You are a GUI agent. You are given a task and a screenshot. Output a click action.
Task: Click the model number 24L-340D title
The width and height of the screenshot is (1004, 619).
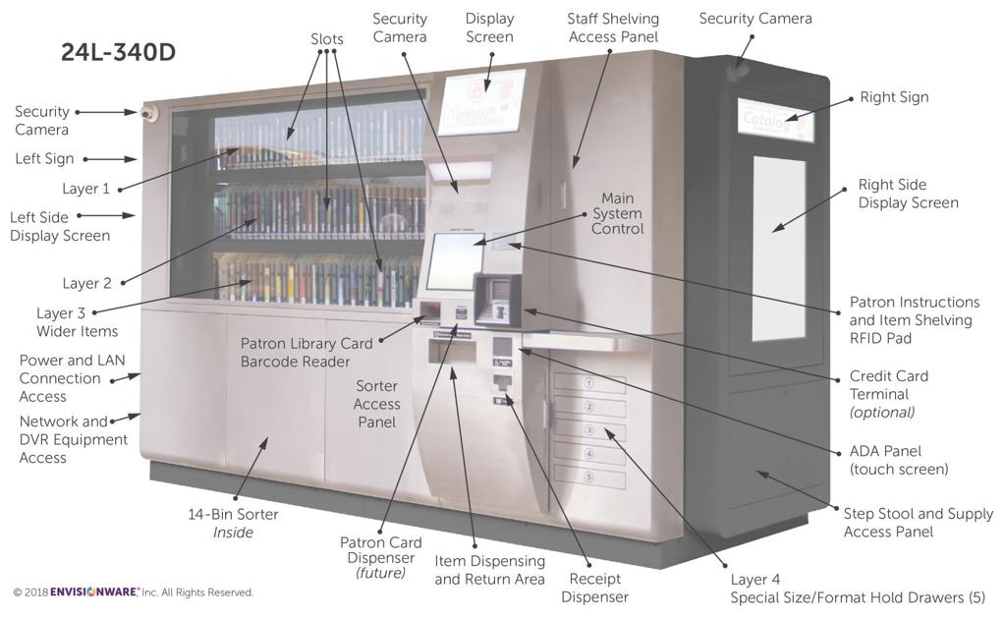pos(118,53)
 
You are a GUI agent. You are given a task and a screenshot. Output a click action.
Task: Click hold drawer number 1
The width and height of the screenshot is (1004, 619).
pos(589,383)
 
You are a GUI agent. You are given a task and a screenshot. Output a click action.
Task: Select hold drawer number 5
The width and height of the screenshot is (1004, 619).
pos(589,478)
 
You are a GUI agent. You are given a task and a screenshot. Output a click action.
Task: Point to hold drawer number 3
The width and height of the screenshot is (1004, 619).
pos(589,430)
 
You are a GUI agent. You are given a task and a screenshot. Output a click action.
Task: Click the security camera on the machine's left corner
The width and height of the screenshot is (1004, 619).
pos(149,114)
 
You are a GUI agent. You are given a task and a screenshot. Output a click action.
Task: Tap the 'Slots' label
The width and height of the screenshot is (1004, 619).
pos(327,39)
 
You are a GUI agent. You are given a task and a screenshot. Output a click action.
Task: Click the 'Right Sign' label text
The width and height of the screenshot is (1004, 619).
pos(894,97)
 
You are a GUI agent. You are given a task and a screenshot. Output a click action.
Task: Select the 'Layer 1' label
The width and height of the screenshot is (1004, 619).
pos(86,189)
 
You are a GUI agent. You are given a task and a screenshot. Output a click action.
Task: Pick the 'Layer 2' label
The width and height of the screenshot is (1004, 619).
pos(87,283)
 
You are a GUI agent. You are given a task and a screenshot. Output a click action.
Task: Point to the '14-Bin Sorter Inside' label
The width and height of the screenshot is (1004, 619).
pos(233,523)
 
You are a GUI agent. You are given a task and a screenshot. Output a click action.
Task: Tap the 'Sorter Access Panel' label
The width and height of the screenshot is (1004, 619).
pos(377,404)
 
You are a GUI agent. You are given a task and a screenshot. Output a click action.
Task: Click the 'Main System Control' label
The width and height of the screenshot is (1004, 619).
pos(618,213)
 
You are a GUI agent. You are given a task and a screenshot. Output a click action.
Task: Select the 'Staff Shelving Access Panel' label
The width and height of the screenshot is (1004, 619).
pos(613,28)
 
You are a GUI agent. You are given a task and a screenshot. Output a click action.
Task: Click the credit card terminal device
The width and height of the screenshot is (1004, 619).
pos(497,298)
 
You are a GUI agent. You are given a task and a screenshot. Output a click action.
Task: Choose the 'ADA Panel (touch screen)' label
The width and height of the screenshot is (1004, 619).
pos(898,460)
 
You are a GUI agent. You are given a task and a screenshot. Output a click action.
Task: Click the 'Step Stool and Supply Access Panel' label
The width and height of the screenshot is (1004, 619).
pos(918,522)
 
